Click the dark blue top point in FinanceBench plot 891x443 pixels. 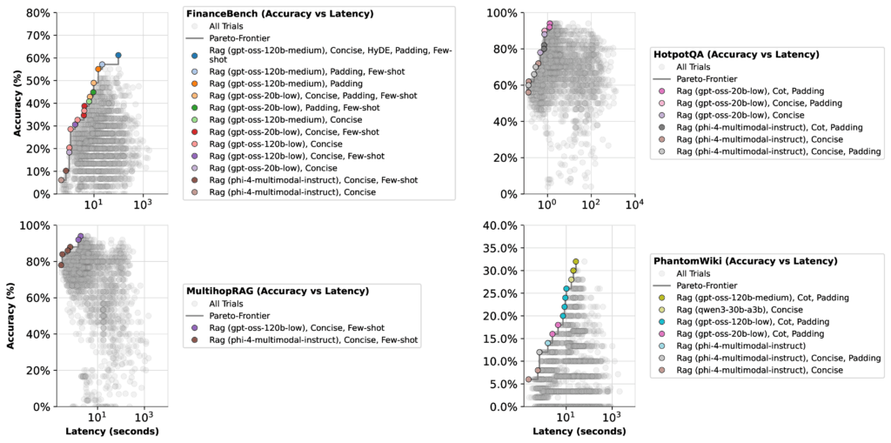[118, 55]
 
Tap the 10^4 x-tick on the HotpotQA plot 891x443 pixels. [635, 204]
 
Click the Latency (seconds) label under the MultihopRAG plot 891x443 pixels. [112, 432]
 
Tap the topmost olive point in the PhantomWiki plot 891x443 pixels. [576, 261]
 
